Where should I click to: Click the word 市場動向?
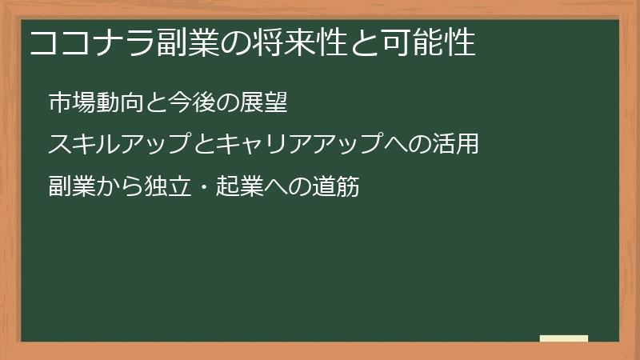tap(95, 102)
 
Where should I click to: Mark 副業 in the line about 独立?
tap(71, 187)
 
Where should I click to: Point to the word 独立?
tap(167, 187)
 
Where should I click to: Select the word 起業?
tap(240, 187)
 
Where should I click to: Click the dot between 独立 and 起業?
tap(203, 187)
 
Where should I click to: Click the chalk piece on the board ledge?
tap(564, 338)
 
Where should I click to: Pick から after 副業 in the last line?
tap(119, 187)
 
